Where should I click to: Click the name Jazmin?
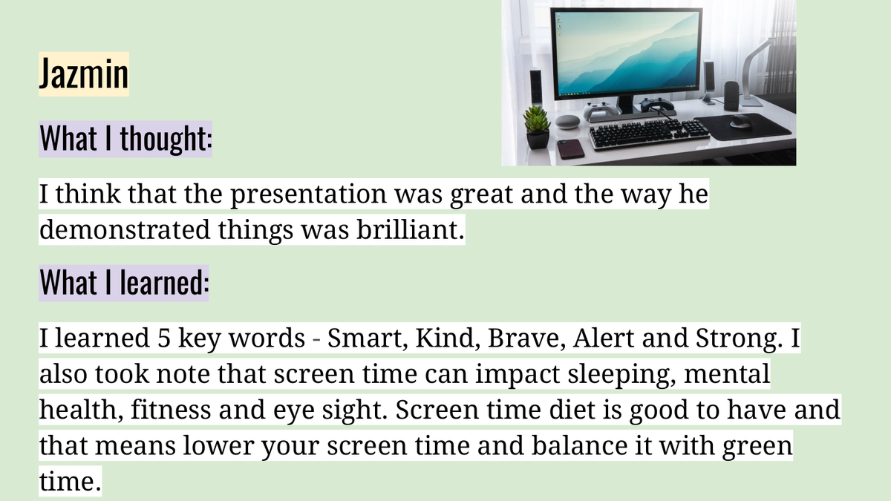(84, 73)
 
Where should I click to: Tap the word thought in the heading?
(166, 138)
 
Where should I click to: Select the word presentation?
(308, 194)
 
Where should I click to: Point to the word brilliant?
(411, 229)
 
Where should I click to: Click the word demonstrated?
(125, 229)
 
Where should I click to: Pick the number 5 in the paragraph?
(164, 338)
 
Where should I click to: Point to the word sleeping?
(621, 375)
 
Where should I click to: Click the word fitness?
(171, 410)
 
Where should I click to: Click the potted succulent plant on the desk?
(537, 127)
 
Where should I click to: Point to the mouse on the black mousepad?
(741, 121)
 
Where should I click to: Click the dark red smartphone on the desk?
(570, 148)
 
